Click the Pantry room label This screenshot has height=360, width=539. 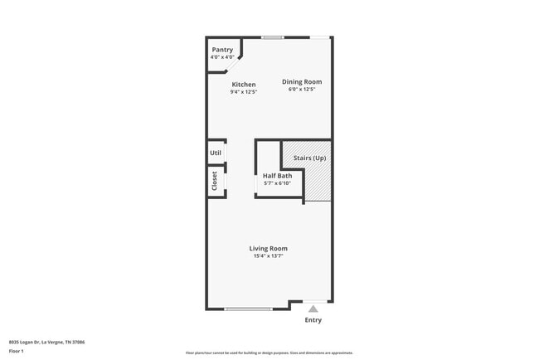222,50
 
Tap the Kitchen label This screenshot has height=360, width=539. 244,85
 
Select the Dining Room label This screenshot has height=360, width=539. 302,81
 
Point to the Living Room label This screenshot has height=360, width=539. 269,248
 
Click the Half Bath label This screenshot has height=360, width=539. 277,176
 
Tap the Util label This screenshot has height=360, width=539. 216,153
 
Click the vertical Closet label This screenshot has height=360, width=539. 215,182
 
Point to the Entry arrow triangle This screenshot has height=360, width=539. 313,308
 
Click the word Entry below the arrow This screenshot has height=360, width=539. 313,319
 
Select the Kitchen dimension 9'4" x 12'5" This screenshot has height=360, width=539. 244,92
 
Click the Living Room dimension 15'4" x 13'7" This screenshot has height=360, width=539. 269,256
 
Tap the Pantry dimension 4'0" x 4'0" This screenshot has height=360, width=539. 222,57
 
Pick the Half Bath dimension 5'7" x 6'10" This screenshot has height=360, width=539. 277,183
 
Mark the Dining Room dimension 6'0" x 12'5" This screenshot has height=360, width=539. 302,90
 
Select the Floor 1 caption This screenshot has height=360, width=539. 17,351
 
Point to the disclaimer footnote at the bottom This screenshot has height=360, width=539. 269,353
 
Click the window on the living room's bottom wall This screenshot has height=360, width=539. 248,309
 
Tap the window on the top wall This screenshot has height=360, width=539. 273,37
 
